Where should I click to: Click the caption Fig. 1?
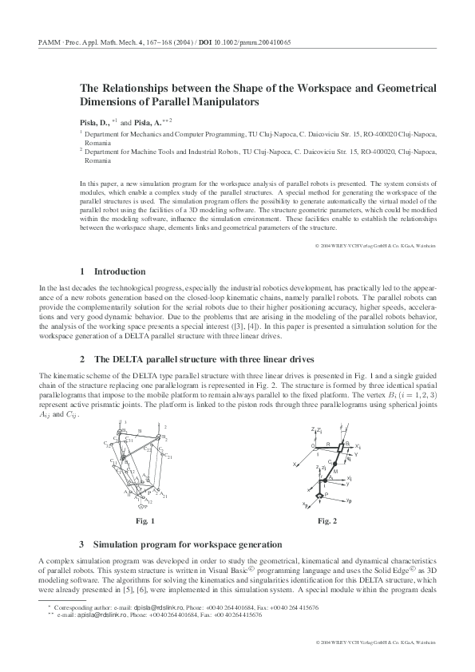coord(144,521)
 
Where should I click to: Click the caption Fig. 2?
coord(327,521)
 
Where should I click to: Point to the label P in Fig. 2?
coord(327,495)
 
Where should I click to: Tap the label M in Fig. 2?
coord(334,471)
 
